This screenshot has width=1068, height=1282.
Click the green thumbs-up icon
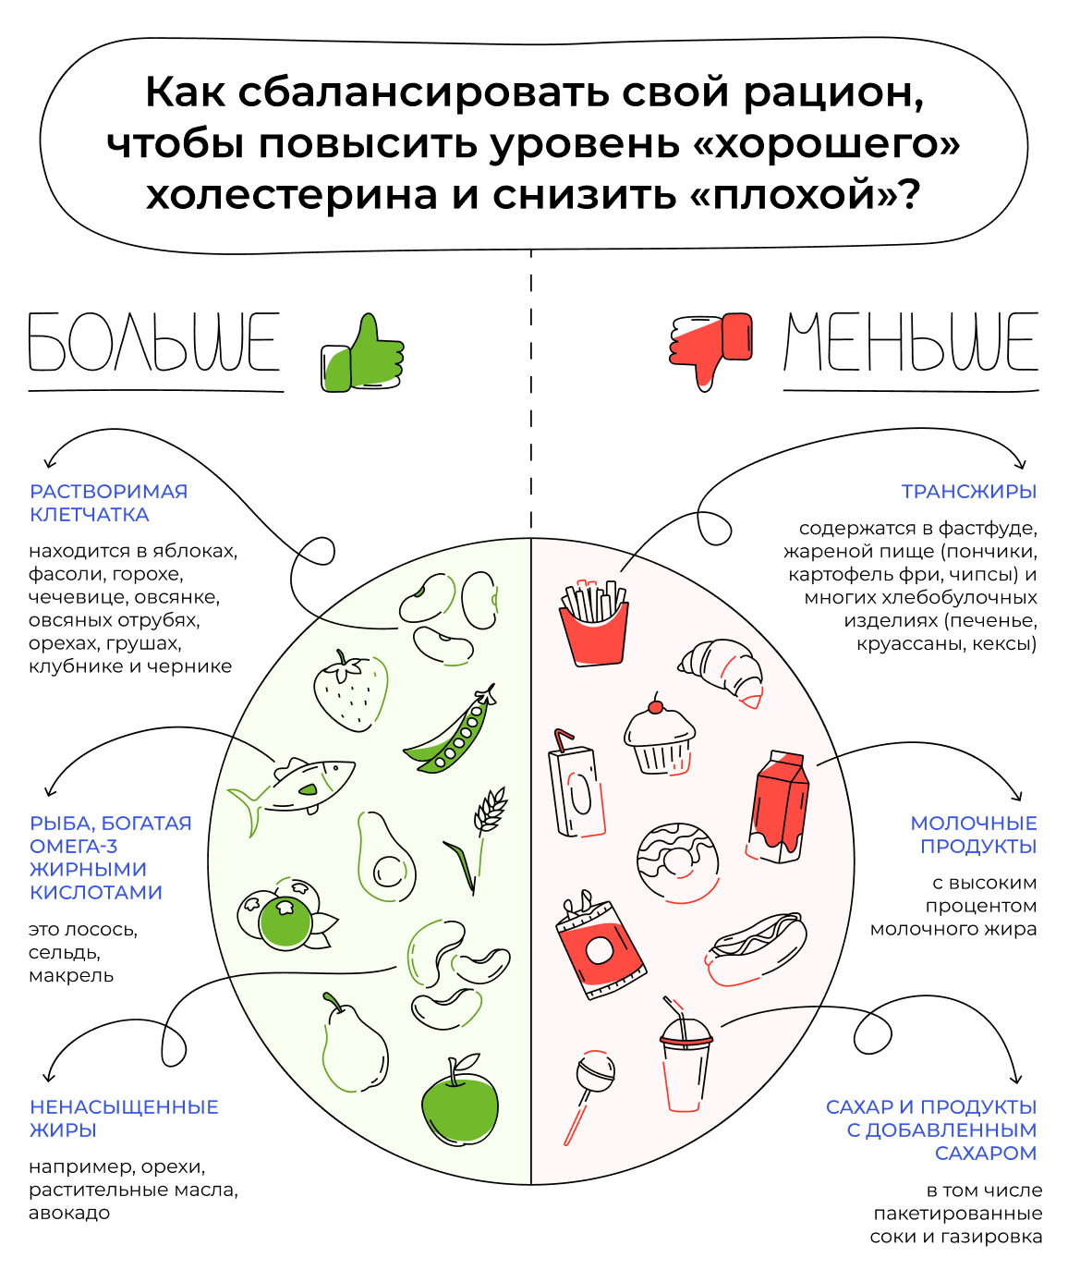(363, 355)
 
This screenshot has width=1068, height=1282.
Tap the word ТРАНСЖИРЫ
(968, 492)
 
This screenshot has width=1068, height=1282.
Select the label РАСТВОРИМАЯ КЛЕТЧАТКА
(108, 503)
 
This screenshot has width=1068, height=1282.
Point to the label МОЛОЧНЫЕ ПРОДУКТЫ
(974, 835)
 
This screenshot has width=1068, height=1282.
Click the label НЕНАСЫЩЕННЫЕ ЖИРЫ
(124, 1118)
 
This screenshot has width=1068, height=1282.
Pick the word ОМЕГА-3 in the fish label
(74, 847)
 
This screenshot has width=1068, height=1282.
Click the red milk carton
(779, 807)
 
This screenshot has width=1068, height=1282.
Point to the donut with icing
(678, 862)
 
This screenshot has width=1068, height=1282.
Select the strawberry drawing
(350, 691)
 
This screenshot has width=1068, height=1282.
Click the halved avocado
(384, 858)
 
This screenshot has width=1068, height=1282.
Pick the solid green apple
(459, 1105)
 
